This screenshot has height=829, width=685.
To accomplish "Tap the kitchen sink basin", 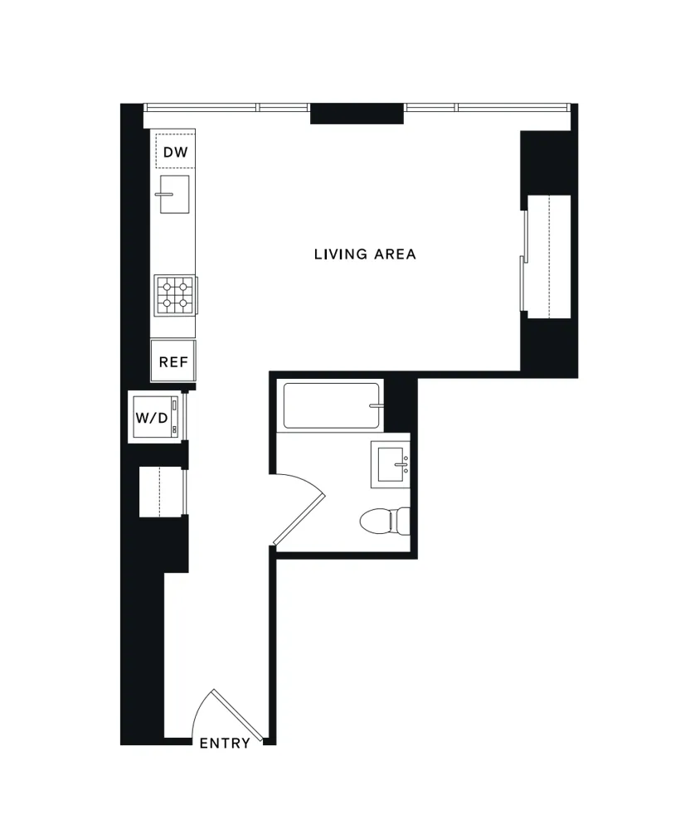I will (x=174, y=195).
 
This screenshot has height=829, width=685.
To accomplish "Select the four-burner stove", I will (x=175, y=294).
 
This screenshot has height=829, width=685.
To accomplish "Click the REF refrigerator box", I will (x=173, y=361).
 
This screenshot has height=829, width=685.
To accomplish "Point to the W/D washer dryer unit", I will (x=153, y=417).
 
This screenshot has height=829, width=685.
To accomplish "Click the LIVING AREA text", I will (x=365, y=255).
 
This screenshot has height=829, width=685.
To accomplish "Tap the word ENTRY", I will (x=225, y=744).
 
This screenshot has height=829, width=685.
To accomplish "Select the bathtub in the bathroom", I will (x=331, y=405).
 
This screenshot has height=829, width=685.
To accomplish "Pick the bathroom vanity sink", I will (x=390, y=463).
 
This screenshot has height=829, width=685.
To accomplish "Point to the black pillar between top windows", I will (x=357, y=114).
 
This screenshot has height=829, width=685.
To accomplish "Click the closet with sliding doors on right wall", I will (x=548, y=256).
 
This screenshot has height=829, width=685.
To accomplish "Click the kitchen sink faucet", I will (x=164, y=194).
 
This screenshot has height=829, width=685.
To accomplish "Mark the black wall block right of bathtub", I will (x=398, y=402).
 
